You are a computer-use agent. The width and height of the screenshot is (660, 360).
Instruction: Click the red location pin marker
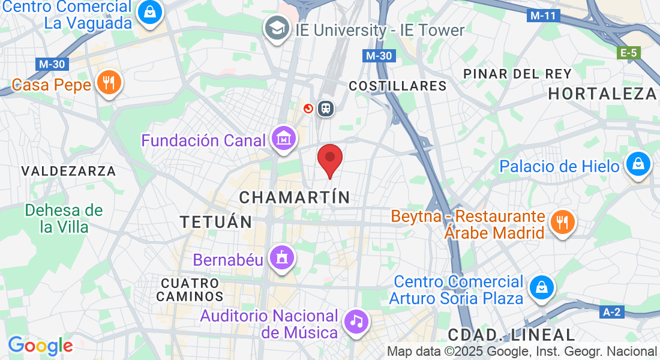(x=329, y=158)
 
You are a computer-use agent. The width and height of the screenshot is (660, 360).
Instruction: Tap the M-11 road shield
(x=544, y=16)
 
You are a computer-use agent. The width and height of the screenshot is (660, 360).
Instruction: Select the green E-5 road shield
(x=628, y=53)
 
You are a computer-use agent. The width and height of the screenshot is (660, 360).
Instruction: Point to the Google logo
(x=40, y=346)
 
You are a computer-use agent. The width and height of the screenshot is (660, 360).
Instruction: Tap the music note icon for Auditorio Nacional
(x=357, y=321)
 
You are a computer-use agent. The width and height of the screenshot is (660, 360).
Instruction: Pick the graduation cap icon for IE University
(x=277, y=28)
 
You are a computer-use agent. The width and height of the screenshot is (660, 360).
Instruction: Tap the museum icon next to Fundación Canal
(x=283, y=139)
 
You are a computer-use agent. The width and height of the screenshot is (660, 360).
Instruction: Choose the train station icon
(x=326, y=108)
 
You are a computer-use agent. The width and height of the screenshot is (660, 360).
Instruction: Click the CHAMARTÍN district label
(x=294, y=197)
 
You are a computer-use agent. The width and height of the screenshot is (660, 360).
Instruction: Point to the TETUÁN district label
(x=216, y=222)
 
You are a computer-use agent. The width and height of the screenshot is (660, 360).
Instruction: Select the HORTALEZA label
(x=602, y=94)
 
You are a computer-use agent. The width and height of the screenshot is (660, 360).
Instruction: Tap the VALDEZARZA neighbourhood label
(x=68, y=172)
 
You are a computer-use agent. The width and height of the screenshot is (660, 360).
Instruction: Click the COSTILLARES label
(x=398, y=86)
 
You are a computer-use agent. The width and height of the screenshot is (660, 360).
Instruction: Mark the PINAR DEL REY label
(x=518, y=74)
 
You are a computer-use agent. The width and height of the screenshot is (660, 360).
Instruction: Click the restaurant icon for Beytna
(x=562, y=223)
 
